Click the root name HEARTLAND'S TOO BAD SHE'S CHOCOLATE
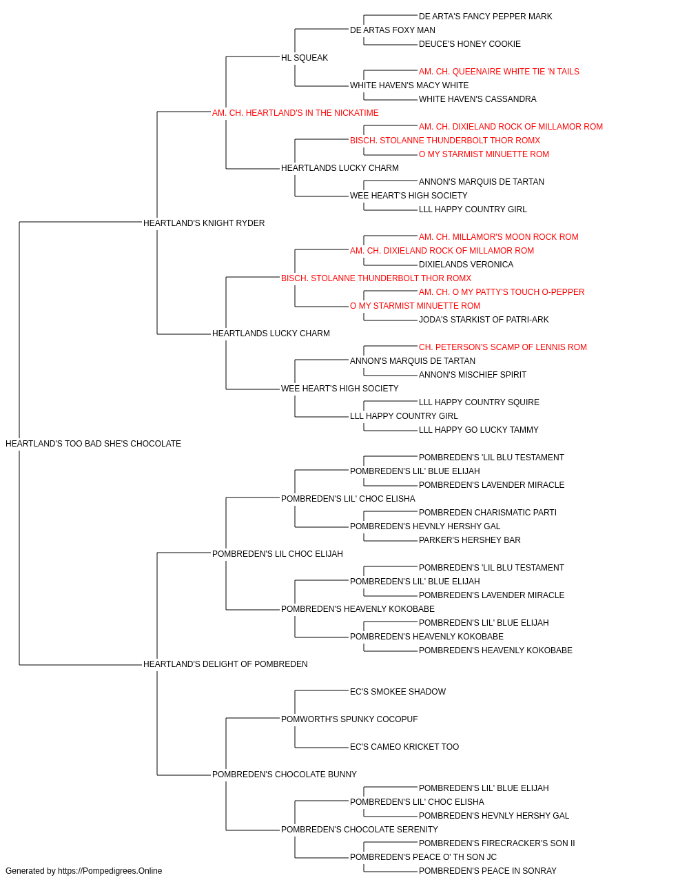tap(93, 444)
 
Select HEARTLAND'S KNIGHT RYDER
tap(204, 223)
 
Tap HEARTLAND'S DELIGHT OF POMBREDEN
tap(225, 664)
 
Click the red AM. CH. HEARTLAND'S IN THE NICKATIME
tap(295, 113)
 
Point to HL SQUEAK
tap(305, 58)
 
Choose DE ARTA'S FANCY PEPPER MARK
tap(485, 17)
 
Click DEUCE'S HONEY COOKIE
tap(469, 44)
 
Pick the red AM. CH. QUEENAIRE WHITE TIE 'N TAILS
tap(499, 72)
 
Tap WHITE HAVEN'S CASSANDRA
tap(477, 99)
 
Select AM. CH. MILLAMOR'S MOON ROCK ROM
tap(498, 236)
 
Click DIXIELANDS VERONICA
tap(466, 264)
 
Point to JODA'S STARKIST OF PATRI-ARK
tap(483, 320)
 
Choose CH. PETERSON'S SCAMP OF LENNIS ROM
tap(503, 347)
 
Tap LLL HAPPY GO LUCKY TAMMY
tap(478, 430)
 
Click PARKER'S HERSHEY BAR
tap(469, 540)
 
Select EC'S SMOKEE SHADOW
tap(398, 692)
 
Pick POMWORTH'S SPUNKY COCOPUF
tap(349, 719)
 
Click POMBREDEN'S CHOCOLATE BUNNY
tap(284, 775)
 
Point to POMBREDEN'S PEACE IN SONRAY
tap(487, 871)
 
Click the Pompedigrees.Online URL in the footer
tap(110, 871)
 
